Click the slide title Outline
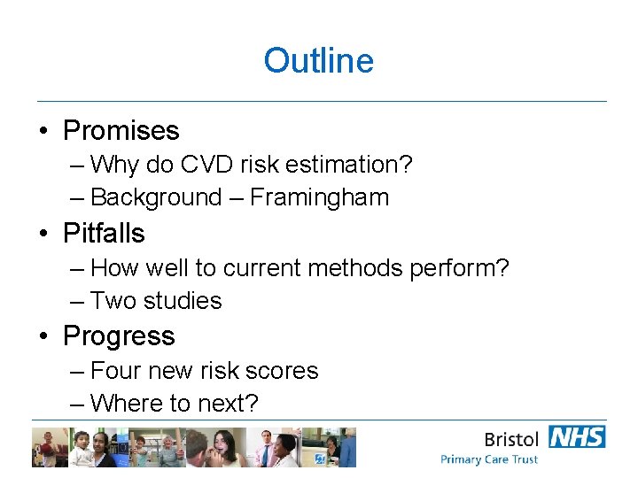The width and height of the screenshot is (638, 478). coord(318,61)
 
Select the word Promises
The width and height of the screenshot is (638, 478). coord(121,131)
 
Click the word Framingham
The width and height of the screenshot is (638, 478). coord(319,197)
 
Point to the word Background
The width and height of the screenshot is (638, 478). coord(156,197)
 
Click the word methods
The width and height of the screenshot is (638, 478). coord(362,267)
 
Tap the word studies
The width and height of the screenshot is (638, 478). coord(183,301)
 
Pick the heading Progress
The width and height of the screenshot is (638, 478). coord(119,336)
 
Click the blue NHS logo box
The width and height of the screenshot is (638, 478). coord(577,436)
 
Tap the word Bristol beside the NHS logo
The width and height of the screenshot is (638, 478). coord(512,438)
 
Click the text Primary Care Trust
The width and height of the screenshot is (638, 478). coord(489,459)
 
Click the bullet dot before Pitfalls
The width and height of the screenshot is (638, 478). coord(43,234)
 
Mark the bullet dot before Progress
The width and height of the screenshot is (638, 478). coord(43,336)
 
